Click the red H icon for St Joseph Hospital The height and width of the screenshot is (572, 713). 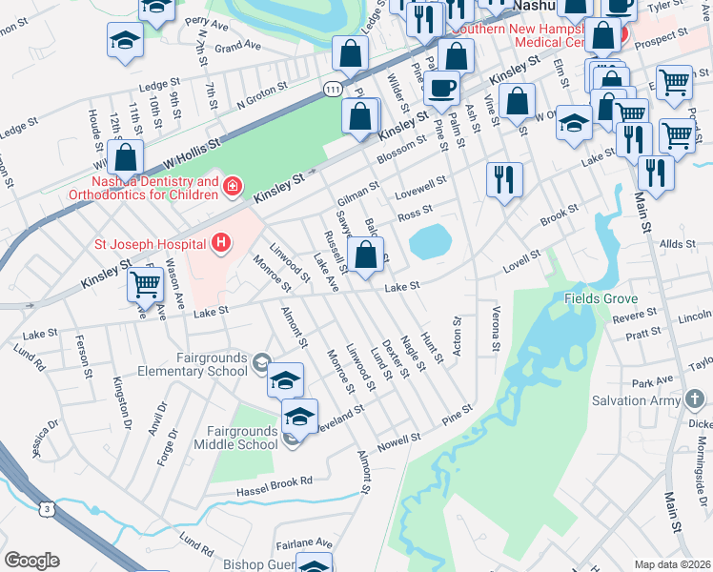(221, 243)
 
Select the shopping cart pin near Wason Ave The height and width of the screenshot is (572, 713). (145, 283)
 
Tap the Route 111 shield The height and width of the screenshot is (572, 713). (331, 88)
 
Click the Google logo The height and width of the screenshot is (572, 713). (31, 560)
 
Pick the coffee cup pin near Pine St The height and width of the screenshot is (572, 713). (440, 89)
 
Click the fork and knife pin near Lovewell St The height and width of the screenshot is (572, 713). (503, 178)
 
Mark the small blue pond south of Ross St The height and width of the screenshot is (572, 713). (431, 241)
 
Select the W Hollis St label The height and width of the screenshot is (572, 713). (192, 150)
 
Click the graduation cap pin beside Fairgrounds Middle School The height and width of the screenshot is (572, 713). (299, 419)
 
